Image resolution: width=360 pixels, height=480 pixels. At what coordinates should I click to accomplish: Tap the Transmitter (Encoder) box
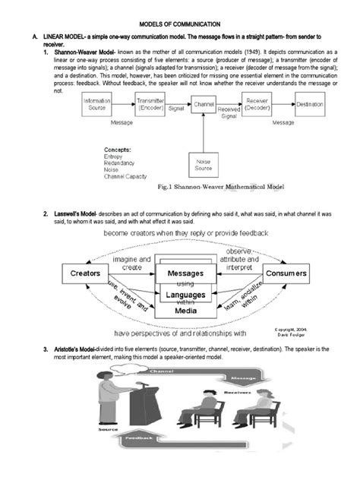(152, 104)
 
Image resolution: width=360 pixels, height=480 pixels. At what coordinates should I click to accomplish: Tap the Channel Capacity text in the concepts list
(125, 177)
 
